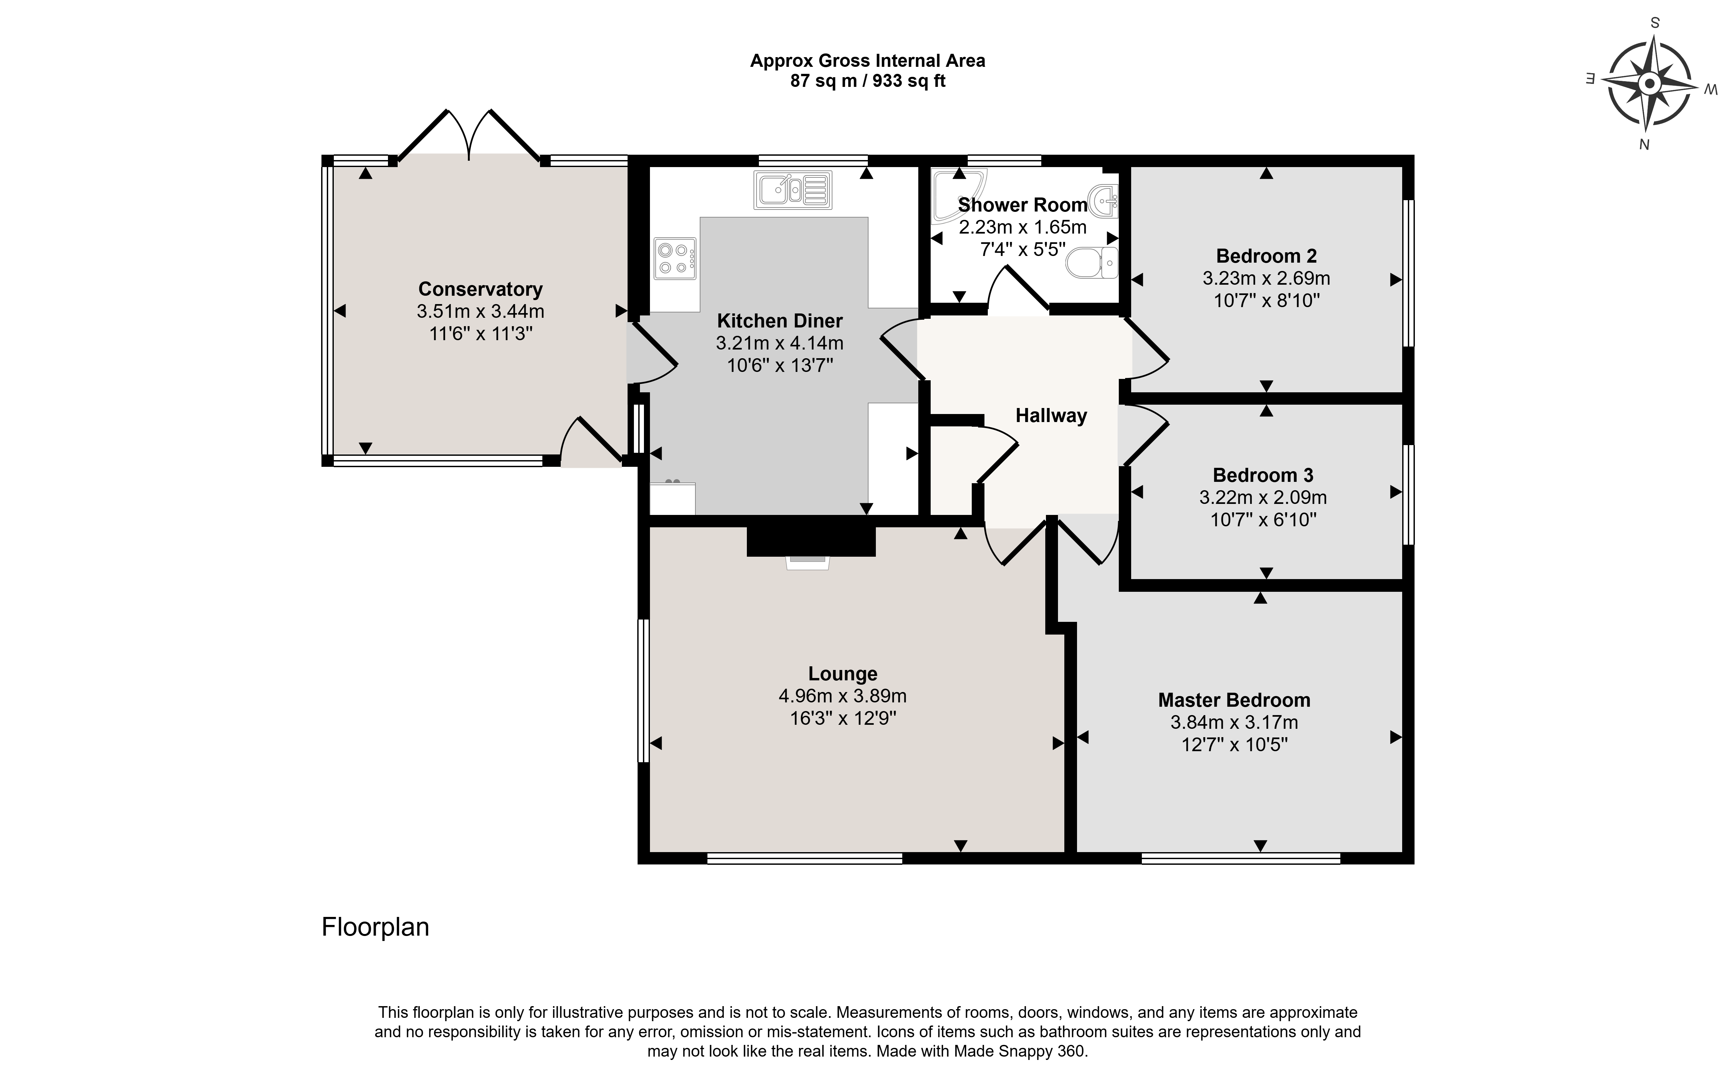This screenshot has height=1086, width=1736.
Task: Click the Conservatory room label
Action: click(480, 289)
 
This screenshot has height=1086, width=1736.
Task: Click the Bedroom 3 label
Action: click(1263, 475)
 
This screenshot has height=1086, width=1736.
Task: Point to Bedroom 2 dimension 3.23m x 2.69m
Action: click(1266, 278)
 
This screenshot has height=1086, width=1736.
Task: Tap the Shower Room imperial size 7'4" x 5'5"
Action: click(1023, 249)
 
